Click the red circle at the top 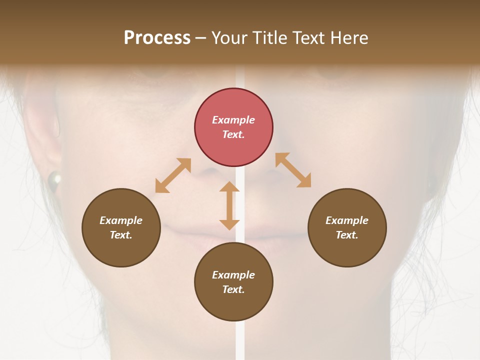click(233, 127)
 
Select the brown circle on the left click(121, 227)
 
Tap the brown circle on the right click(347, 227)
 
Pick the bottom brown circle click(233, 282)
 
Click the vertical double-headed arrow click(229, 205)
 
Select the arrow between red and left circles click(173, 175)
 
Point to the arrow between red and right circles click(293, 170)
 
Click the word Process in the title click(157, 37)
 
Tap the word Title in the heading click(270, 37)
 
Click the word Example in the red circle click(233, 120)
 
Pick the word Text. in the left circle click(121, 235)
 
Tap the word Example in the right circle click(347, 220)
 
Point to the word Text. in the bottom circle click(233, 289)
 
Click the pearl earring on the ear click(54, 178)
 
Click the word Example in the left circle click(121, 220)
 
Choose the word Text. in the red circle click(233, 134)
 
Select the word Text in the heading click(309, 37)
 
